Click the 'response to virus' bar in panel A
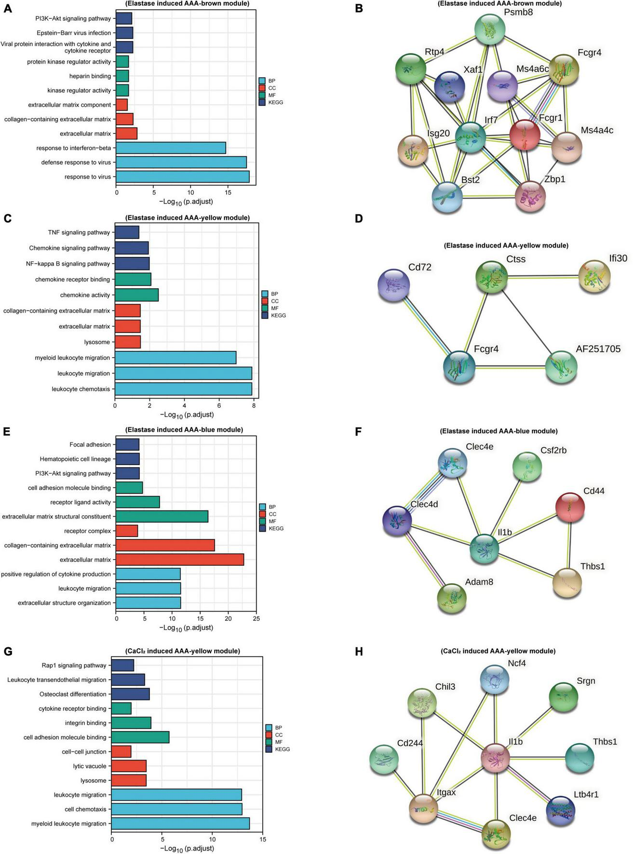[183, 177]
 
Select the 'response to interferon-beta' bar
[171, 148]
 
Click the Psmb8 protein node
[490, 30]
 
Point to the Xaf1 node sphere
[449, 87]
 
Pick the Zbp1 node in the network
[530, 197]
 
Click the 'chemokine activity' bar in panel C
[137, 295]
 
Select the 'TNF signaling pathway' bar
[127, 232]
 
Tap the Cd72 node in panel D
[394, 285]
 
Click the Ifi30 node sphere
[594, 277]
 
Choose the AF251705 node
[561, 367]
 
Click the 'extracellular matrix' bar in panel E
[180, 560]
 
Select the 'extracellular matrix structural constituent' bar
[162, 517]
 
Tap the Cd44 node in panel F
[570, 507]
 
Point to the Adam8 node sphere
[452, 599]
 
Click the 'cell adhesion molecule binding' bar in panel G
[140, 737]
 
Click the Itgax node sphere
[423, 808]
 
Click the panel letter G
[8, 652]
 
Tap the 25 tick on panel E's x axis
[256, 618]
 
